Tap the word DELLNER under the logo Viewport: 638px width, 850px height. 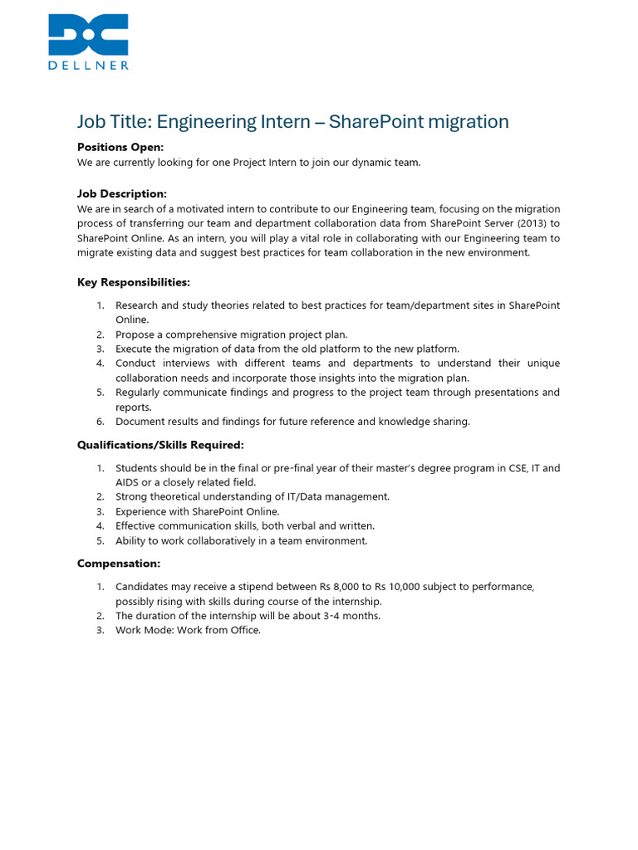pyautogui.click(x=88, y=64)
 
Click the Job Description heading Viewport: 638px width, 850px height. pyautogui.click(x=122, y=193)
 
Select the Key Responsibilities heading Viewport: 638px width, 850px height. pyautogui.click(x=134, y=282)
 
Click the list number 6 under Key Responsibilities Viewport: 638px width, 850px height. pyautogui.click(x=100, y=422)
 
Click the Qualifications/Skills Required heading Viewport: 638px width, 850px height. pyautogui.click(x=160, y=444)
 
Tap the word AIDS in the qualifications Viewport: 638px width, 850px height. pyautogui.click(x=129, y=482)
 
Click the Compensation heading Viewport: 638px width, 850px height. pyautogui.click(x=119, y=564)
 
